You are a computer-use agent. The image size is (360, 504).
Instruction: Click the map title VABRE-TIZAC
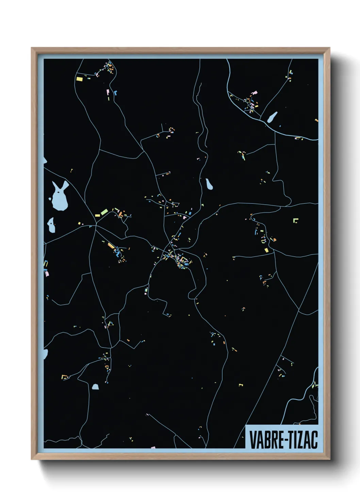(x=283, y=440)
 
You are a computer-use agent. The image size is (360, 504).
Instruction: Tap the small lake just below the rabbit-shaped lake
(x=51, y=225)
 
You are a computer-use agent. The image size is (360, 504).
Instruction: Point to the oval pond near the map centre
(x=209, y=184)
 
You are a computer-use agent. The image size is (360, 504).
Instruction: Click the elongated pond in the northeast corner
(x=272, y=117)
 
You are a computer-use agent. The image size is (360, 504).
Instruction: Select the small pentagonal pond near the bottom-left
(x=95, y=387)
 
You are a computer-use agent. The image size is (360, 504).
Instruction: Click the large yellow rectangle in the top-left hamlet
(x=79, y=79)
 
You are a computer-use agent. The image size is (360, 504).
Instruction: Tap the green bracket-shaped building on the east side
(x=295, y=220)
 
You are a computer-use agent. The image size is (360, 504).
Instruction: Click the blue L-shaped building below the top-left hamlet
(x=116, y=92)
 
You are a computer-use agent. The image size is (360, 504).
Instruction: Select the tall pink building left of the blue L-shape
(x=108, y=92)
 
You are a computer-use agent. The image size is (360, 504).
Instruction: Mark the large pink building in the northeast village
(x=253, y=92)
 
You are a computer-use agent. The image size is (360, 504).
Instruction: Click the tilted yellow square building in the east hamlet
(x=266, y=250)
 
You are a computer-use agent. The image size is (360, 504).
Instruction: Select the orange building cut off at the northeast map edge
(x=316, y=120)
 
